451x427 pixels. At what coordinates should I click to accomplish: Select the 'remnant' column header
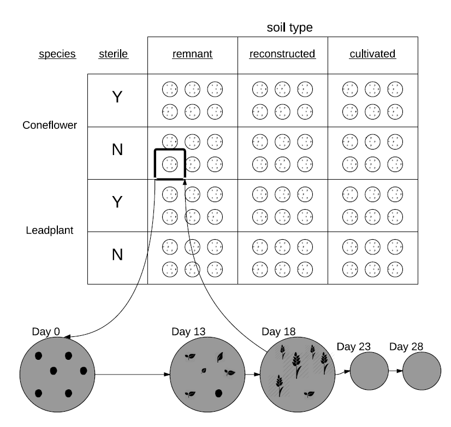[x=192, y=54]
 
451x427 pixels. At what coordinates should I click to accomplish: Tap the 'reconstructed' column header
[x=282, y=54]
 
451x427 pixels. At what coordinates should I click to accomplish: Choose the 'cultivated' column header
[x=372, y=54]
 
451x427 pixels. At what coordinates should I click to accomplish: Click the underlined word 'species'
[x=57, y=54]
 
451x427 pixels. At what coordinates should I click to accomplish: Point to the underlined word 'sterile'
[x=113, y=54]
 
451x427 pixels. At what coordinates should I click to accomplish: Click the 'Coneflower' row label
[x=50, y=125]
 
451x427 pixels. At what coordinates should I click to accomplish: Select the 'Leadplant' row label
[x=50, y=230]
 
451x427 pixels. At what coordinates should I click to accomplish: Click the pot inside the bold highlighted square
[x=170, y=163]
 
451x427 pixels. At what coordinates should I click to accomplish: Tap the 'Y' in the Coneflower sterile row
[x=117, y=98]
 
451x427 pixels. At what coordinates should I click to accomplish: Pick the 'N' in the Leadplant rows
[x=117, y=255]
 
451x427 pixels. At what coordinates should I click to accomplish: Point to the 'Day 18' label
[x=278, y=331]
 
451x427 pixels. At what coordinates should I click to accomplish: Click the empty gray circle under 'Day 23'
[x=369, y=371]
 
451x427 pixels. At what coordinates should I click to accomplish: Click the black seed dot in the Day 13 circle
[x=218, y=393]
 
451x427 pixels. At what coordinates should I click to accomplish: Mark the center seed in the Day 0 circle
[x=54, y=371]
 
